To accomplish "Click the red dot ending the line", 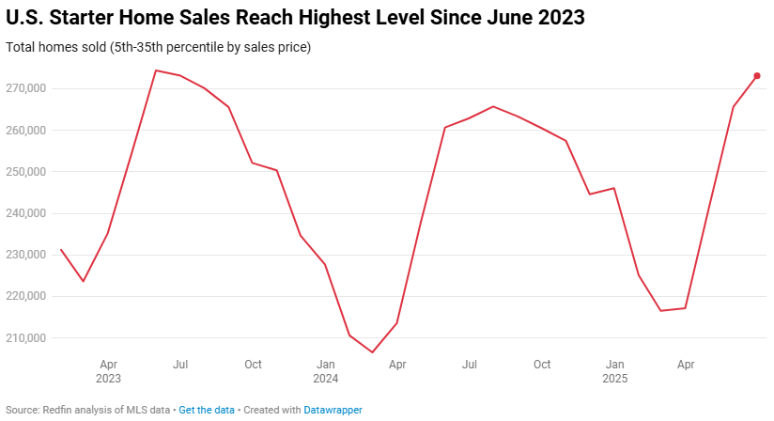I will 757,76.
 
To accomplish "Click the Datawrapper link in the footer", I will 333,410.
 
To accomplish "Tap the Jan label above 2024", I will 325,364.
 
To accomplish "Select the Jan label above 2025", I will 614,364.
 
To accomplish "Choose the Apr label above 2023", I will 108,364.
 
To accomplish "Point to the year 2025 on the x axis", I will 614,379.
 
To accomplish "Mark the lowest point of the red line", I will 373,352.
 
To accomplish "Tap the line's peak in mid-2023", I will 156,70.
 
